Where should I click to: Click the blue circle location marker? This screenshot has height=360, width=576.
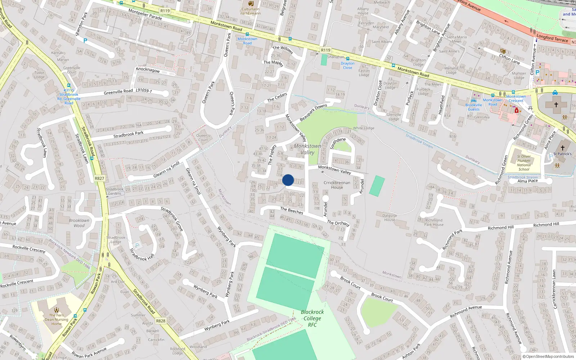[x=288, y=180]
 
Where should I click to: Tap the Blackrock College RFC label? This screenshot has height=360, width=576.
[x=312, y=318]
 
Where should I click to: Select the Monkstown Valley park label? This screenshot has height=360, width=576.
[x=307, y=149]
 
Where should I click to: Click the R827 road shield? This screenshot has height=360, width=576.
[x=99, y=179]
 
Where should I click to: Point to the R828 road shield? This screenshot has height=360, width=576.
[x=161, y=321]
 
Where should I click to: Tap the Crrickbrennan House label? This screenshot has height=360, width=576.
[x=337, y=185]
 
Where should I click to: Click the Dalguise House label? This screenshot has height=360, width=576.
[x=390, y=218]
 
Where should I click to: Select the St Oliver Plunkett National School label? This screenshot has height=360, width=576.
[x=524, y=163]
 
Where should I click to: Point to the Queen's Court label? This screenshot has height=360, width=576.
[x=203, y=138]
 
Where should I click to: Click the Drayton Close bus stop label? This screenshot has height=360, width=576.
[x=347, y=66]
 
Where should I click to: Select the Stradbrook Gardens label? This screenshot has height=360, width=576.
[x=114, y=191]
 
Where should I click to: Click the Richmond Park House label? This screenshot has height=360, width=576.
[x=434, y=222]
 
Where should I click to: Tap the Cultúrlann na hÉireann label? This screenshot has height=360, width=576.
[x=251, y=11]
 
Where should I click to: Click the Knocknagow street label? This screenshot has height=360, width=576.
[x=148, y=69]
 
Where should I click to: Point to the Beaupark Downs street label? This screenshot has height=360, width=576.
[x=313, y=112]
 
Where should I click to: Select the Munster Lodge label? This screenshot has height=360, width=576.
[x=519, y=75]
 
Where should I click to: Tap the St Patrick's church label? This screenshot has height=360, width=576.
[x=562, y=154]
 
